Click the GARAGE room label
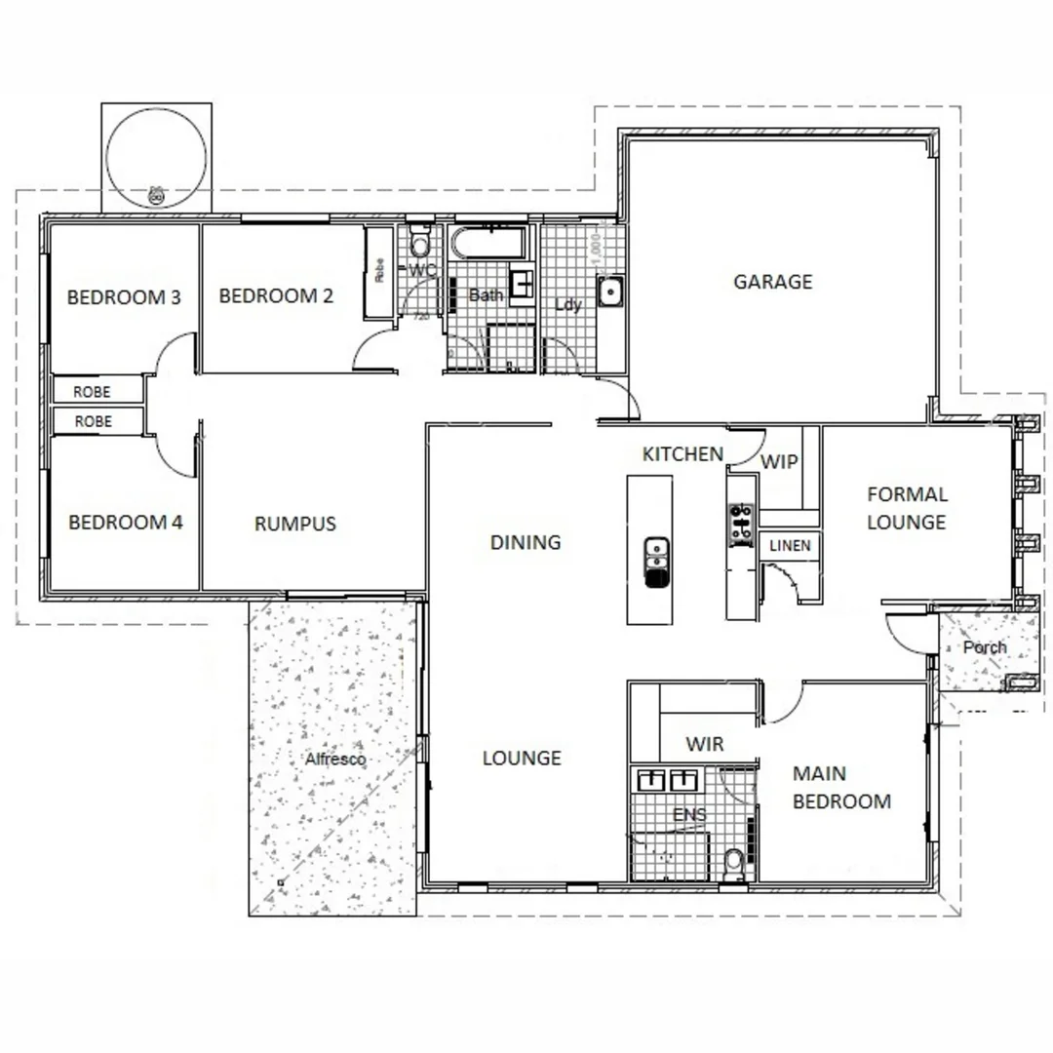772,282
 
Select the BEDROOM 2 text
282,295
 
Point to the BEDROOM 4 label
125,523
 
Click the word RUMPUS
294,524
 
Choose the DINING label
525,542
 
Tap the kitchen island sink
656,562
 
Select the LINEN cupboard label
790,546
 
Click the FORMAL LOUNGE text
906,508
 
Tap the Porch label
984,647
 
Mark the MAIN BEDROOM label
840,788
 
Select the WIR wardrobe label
704,745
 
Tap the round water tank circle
156,158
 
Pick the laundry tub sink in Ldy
610,291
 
